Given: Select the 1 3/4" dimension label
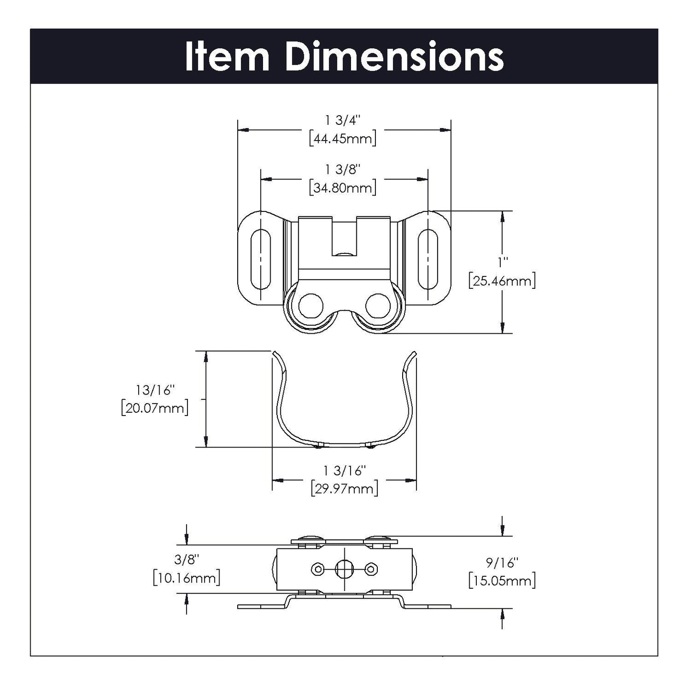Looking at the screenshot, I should pyautogui.click(x=342, y=120).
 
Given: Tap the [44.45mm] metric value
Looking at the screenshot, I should pyautogui.click(x=342, y=139).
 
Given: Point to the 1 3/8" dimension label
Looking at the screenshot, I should pyautogui.click(x=342, y=169).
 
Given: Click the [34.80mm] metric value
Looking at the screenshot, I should pyautogui.click(x=342, y=188).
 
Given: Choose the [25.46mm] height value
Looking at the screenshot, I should pyautogui.click(x=502, y=281).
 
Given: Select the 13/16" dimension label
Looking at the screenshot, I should pyautogui.click(x=153, y=390).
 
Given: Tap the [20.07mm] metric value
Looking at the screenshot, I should pyautogui.click(x=154, y=408).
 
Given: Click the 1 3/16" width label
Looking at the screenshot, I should pyautogui.click(x=344, y=471).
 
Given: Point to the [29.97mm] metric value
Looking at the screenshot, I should pyautogui.click(x=344, y=489).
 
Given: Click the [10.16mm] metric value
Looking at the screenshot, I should pyautogui.click(x=186, y=578).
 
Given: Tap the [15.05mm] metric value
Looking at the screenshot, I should pyautogui.click(x=502, y=581).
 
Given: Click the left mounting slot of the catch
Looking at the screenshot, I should pyautogui.click(x=260, y=259).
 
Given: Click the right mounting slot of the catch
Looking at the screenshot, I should pyautogui.click(x=428, y=259).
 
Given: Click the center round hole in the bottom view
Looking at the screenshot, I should pyautogui.click(x=344, y=569).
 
